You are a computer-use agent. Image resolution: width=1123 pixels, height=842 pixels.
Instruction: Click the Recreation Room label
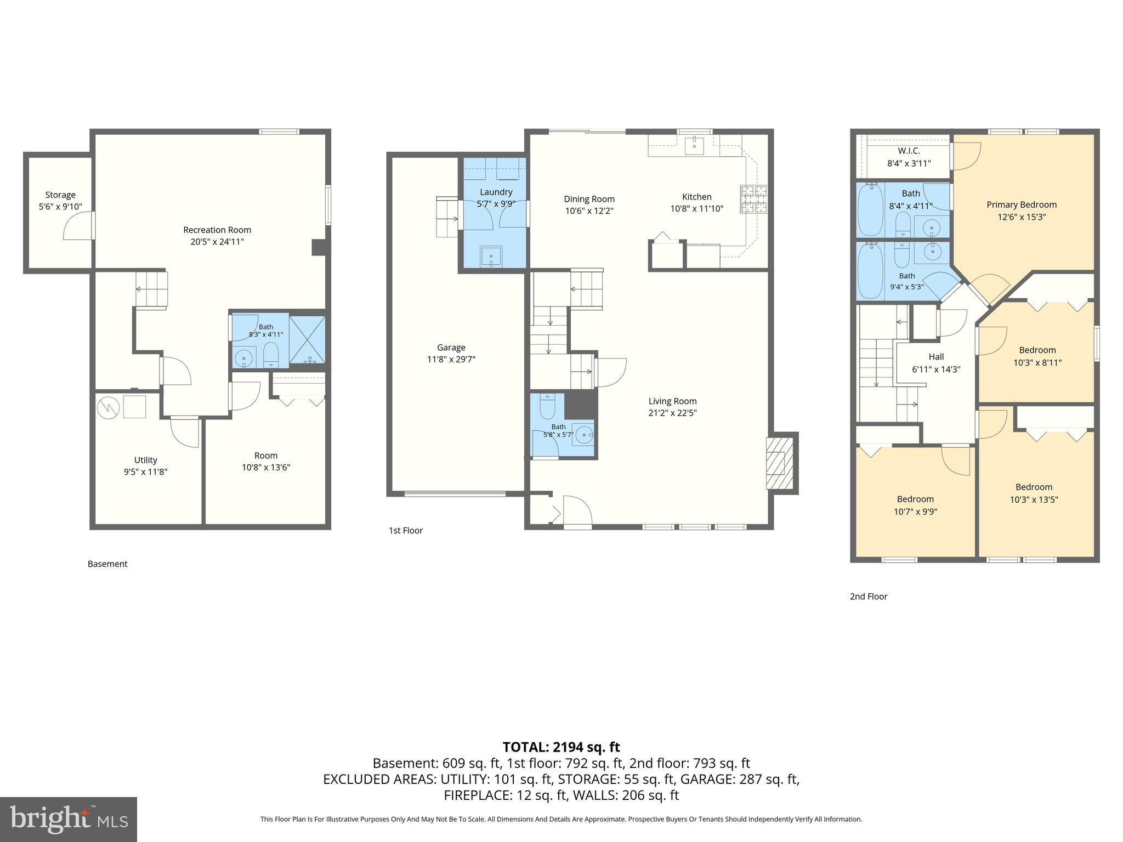(x=217, y=230)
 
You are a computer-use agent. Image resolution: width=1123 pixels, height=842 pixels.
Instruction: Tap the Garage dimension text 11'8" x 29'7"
(x=451, y=360)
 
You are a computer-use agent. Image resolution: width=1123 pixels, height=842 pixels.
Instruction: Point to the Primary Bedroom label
(x=1022, y=204)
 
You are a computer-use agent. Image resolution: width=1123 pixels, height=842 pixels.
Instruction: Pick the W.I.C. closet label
(x=909, y=151)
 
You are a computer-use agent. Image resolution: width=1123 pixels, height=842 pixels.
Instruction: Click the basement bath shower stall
(x=307, y=340)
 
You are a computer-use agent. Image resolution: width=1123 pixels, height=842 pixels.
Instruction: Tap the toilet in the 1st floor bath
(x=548, y=406)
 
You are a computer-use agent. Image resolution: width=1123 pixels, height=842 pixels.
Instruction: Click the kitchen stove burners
(x=754, y=199)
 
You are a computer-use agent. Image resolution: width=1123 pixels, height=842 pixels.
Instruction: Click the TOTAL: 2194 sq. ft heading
(x=561, y=747)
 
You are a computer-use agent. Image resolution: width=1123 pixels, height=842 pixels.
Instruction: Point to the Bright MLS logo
(x=69, y=819)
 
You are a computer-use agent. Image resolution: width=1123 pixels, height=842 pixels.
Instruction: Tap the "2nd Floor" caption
(x=868, y=596)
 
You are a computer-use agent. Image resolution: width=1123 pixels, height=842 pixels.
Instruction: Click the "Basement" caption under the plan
(x=107, y=564)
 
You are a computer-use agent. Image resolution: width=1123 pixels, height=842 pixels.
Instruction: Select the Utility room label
(x=145, y=460)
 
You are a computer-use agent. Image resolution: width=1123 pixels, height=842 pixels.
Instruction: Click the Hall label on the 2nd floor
(x=936, y=357)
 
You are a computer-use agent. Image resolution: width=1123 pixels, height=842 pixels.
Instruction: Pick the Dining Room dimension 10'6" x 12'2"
(x=589, y=211)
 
